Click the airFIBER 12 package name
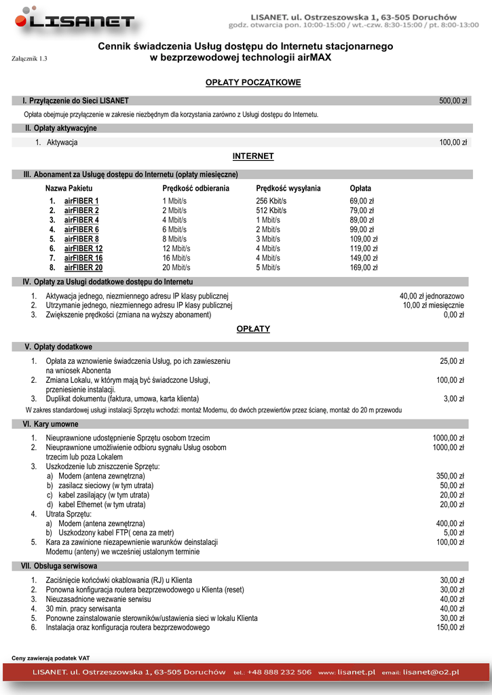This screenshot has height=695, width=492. click(83, 248)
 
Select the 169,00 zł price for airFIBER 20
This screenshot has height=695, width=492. click(363, 267)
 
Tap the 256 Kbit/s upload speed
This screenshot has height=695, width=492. click(271, 201)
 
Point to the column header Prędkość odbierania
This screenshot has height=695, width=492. click(196, 188)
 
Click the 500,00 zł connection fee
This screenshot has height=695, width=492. click(453, 100)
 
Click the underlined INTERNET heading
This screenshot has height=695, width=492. click(253, 156)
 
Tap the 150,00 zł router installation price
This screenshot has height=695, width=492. click(449, 628)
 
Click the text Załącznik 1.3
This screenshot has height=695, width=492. click(30, 59)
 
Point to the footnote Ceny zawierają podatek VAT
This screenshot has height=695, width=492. click(51, 658)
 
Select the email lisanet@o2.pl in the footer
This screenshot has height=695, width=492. click(430, 672)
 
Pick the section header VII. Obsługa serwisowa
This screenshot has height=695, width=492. click(59, 565)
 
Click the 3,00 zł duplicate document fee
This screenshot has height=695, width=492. click(453, 398)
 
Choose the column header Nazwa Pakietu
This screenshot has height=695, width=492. click(69, 188)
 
